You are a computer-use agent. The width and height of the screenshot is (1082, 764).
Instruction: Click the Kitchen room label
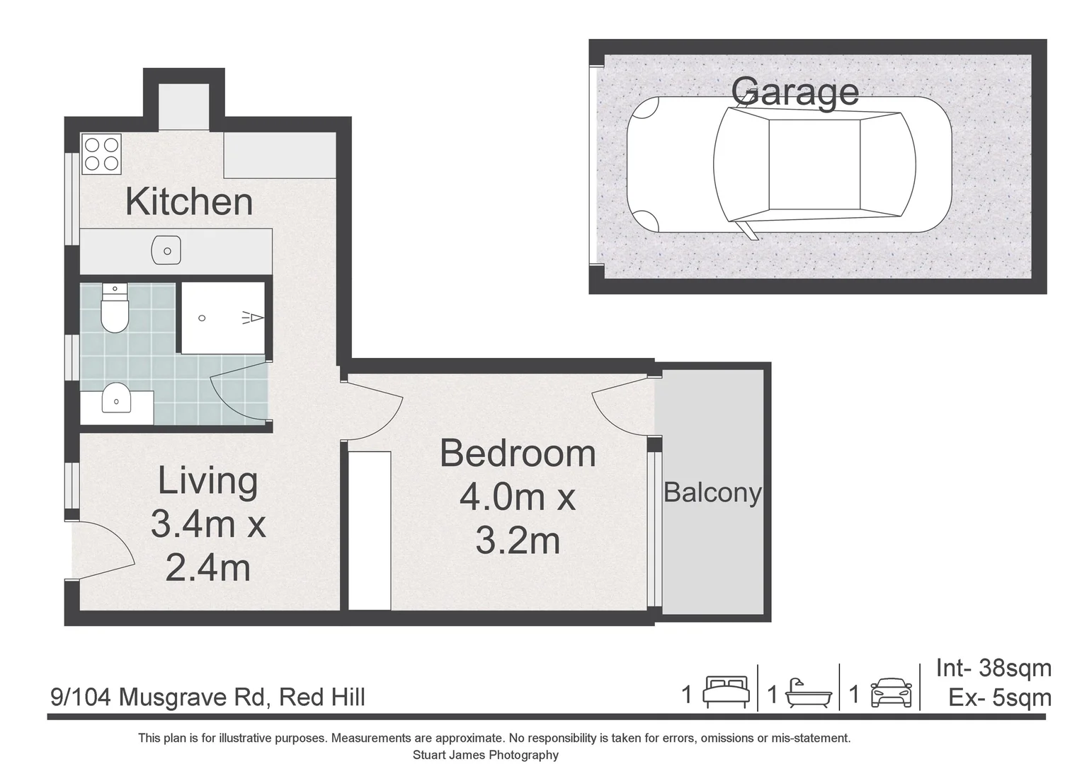pos(189,202)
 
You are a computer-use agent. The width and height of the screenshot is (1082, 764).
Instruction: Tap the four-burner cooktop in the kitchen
pos(101,154)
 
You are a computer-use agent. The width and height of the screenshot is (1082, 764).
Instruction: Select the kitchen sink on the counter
pos(166,250)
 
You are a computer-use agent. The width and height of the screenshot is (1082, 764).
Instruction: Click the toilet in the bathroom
pos(114,308)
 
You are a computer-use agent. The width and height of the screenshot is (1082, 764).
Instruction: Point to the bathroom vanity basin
pos(116,400)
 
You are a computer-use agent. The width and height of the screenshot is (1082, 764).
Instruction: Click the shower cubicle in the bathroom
pos(222,318)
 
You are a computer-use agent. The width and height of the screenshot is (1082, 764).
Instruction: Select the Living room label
pos(207,481)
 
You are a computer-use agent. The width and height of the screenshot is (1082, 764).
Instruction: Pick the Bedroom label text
pos(518,453)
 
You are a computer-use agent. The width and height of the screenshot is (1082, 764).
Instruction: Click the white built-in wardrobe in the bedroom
pos(370,531)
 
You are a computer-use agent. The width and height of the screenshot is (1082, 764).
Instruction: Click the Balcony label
pos(712,492)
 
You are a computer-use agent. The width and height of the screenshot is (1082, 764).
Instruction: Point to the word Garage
pos(795,91)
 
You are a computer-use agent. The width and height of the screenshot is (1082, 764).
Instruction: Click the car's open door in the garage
pos(748,230)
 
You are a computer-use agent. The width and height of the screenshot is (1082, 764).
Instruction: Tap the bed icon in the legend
pos(726,693)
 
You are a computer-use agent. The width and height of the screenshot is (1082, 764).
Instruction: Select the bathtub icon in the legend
pos(809,693)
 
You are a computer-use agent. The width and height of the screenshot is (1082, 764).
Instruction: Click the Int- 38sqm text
pos(993,668)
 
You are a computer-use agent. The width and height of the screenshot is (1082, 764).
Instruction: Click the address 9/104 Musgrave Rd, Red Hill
pos(208,698)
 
